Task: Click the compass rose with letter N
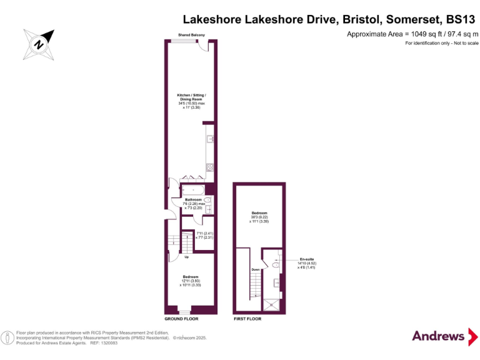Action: click(38, 43)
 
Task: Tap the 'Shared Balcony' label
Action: click(191, 35)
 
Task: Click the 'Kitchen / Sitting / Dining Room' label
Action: click(191, 101)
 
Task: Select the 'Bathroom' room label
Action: click(193, 200)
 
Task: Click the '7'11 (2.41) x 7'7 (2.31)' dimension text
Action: click(205, 235)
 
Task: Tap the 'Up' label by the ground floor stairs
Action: click(186, 257)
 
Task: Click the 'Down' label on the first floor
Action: click(255, 269)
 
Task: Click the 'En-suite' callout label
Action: click(306, 259)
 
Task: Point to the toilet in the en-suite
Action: click(276, 265)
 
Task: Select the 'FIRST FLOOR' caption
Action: click(247, 319)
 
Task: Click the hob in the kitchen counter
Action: click(210, 166)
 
